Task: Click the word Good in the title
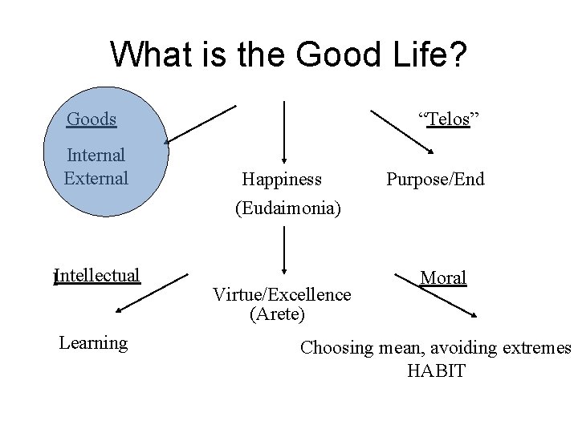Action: tap(340, 55)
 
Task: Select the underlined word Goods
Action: tap(92, 120)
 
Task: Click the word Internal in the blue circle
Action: tap(96, 156)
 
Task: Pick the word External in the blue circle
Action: tap(96, 178)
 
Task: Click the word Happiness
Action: tap(282, 179)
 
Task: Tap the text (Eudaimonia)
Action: tap(287, 208)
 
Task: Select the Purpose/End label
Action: tap(435, 179)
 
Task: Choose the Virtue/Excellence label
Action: tap(282, 294)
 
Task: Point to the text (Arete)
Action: tap(278, 314)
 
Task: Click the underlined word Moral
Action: tap(443, 278)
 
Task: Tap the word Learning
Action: tap(93, 343)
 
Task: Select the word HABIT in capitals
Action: tap(436, 371)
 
